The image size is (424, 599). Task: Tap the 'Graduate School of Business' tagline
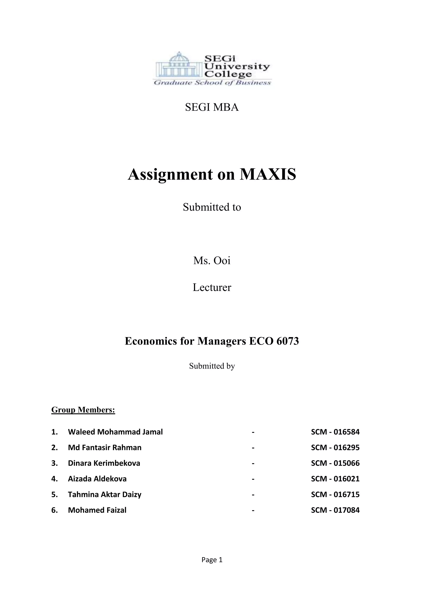212,83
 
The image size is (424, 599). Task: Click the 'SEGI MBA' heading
212,107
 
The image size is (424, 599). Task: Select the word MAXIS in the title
268,174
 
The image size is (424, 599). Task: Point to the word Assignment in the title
170,174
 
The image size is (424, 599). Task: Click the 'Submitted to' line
212,207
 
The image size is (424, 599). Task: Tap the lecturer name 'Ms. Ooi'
212,261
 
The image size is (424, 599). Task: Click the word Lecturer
212,288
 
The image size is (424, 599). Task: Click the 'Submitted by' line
212,366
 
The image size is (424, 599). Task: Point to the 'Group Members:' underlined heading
83,410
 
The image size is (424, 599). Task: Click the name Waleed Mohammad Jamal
115,432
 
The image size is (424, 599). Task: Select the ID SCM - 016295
335,448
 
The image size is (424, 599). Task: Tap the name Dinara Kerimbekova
104,463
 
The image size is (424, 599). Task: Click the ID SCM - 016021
335,479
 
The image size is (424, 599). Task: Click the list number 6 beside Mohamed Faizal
54,510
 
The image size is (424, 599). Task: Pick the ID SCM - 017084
335,510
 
